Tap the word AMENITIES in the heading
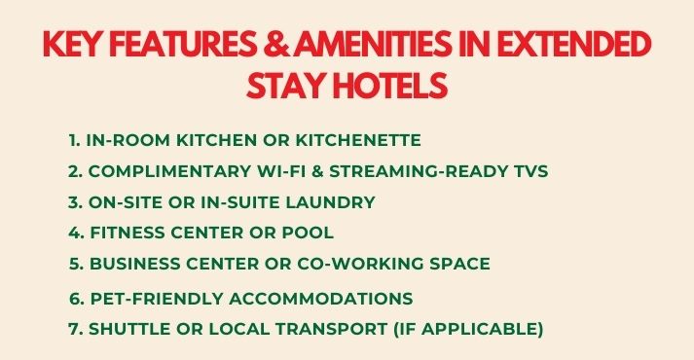(371, 48)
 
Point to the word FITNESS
(128, 234)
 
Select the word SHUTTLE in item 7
(127, 329)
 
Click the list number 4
(75, 234)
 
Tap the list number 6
(75, 298)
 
